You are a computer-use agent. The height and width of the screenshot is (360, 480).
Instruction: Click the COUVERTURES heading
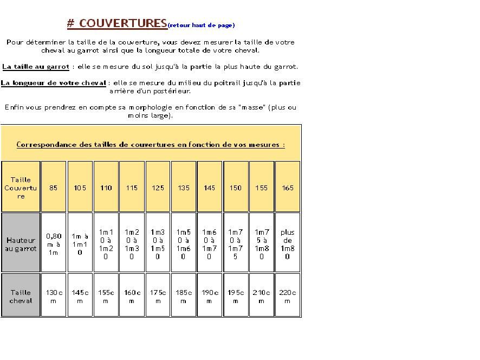117,23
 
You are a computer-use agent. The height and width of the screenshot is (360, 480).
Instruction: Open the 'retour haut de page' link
202,25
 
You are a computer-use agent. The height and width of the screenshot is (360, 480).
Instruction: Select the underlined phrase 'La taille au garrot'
36,67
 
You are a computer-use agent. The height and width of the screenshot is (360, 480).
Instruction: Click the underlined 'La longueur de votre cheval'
54,83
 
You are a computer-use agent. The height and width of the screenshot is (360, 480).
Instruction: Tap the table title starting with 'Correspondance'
151,145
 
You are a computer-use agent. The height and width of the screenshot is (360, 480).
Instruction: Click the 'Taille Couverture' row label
21,188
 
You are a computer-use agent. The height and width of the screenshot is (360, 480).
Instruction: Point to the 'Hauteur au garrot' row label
21,244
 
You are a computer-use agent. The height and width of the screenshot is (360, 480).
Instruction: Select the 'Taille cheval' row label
21,297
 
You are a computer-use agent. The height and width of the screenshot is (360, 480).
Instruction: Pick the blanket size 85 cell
54,188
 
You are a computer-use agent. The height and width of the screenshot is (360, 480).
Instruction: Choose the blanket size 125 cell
158,188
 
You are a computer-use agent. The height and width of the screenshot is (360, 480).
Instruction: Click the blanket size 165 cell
288,188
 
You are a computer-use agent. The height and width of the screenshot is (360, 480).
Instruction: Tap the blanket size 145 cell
210,188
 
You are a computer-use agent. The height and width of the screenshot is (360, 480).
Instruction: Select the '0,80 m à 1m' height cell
54,244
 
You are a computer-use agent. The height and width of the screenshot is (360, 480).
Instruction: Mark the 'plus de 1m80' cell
288,244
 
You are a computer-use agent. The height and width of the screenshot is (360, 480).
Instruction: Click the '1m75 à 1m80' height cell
262,244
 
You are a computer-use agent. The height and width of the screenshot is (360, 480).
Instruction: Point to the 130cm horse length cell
54,297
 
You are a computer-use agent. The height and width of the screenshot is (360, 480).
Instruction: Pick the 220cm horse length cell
288,297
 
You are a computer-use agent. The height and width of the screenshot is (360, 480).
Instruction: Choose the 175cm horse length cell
158,297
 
